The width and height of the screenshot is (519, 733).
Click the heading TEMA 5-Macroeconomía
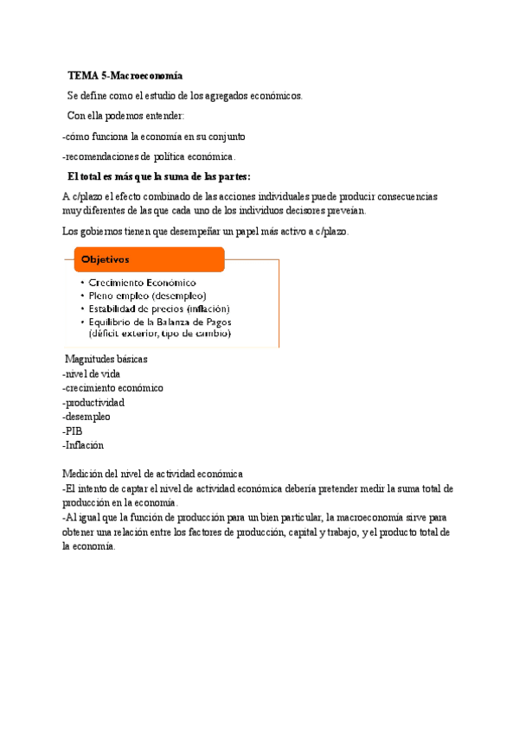point(125,77)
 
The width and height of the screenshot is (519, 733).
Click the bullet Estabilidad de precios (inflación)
point(159,309)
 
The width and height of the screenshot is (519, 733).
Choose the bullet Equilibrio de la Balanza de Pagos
point(163,322)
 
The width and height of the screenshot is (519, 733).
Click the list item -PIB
point(73,430)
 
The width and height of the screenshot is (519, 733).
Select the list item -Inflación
point(83,445)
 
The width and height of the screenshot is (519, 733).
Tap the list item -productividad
point(93,402)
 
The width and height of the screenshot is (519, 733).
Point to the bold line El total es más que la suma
point(158,176)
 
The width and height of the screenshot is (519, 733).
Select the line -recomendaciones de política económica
point(137,156)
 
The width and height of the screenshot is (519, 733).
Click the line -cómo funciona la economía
point(154,137)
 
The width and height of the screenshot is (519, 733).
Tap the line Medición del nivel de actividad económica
point(152,474)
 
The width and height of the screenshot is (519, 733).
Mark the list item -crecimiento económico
point(112,388)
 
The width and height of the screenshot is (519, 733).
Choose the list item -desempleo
point(86,417)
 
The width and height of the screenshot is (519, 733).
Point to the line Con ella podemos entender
point(125,116)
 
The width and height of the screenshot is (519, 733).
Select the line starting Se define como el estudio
point(185,96)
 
